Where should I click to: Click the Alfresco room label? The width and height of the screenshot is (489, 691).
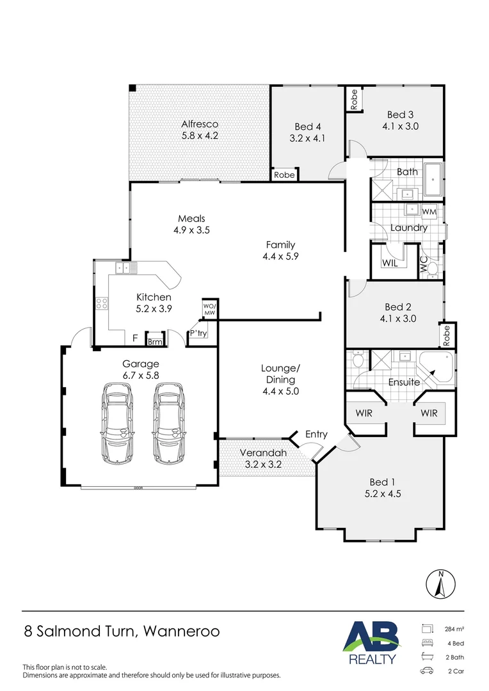(200, 124)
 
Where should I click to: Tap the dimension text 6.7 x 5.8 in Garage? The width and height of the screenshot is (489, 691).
(141, 376)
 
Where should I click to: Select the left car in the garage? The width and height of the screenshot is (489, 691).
(117, 423)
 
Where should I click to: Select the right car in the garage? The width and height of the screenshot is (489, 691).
(169, 423)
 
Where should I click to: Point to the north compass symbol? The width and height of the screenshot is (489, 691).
(440, 584)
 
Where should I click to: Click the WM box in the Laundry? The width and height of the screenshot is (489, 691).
(429, 212)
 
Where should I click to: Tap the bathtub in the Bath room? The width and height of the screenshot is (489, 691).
(433, 180)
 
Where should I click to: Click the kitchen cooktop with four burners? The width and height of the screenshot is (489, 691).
(102, 303)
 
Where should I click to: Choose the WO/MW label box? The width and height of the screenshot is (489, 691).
(209, 309)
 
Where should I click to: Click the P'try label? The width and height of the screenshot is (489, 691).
(198, 333)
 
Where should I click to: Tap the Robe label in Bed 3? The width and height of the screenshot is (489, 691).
(354, 100)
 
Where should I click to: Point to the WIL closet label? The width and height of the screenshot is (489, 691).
(390, 263)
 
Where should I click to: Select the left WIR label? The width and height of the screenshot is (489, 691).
(364, 413)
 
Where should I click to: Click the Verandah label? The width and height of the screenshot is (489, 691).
(263, 452)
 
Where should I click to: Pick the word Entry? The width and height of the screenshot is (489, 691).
(317, 434)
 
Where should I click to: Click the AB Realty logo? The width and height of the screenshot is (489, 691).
(372, 643)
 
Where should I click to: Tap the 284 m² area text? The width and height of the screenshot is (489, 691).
(454, 630)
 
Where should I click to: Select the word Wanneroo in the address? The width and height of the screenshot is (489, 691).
(182, 631)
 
